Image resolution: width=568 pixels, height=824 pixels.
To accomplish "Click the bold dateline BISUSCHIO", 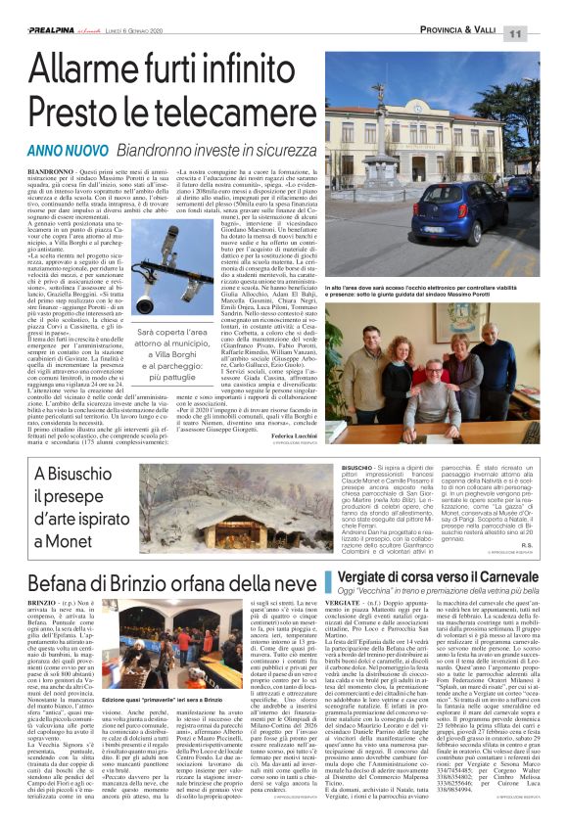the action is [x=361, y=470].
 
